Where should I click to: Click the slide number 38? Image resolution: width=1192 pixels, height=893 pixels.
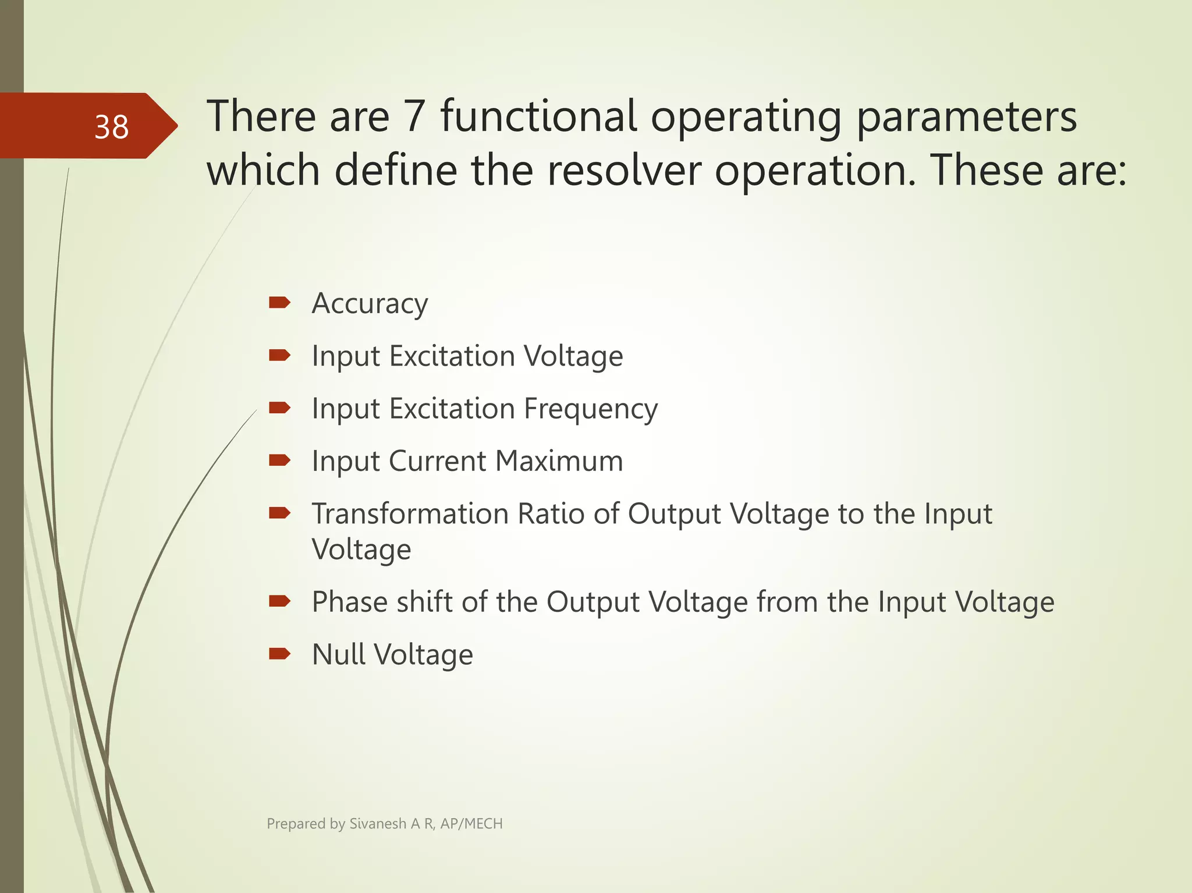(111, 127)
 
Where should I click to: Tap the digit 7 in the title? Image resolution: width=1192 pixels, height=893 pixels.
(414, 116)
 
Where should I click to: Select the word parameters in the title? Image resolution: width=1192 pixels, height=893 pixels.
(966, 116)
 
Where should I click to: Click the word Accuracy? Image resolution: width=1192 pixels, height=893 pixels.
(370, 304)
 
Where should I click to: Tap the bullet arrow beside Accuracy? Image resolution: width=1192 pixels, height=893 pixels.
(279, 302)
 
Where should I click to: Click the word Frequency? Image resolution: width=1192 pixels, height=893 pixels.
(590, 409)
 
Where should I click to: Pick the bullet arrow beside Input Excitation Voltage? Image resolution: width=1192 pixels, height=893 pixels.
(279, 355)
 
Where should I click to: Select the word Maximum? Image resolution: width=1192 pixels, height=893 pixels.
(559, 461)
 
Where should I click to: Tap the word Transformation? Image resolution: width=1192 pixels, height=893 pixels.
(410, 514)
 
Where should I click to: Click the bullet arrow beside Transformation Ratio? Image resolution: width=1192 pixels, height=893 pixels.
(279, 513)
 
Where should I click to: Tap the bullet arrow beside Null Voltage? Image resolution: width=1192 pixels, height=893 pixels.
(279, 654)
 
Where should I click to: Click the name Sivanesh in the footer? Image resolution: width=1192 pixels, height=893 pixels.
(377, 824)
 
